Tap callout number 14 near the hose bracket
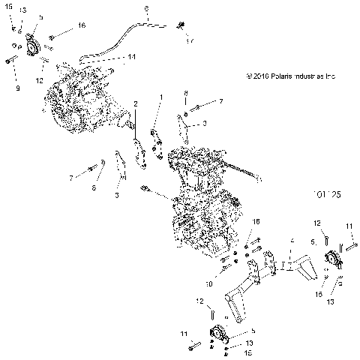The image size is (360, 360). tap(131, 57)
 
